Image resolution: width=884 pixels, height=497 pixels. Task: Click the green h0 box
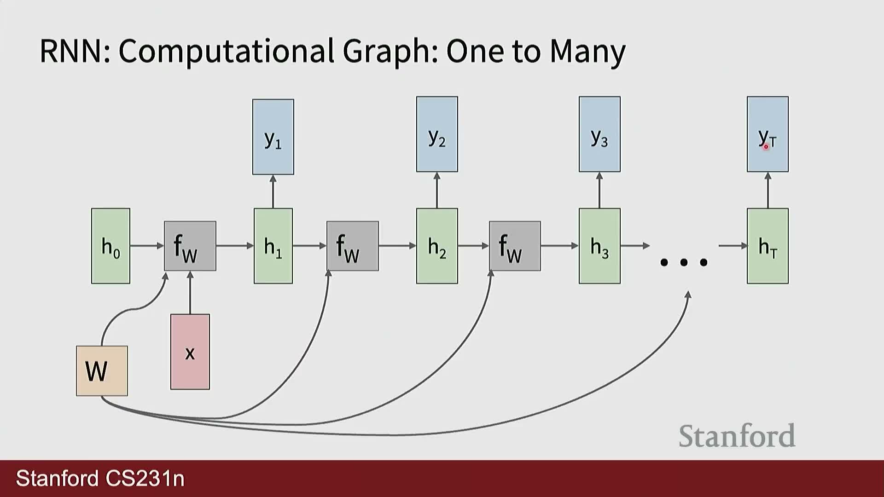click(110, 246)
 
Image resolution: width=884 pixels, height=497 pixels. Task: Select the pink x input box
click(190, 352)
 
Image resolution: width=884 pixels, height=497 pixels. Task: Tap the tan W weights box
click(102, 371)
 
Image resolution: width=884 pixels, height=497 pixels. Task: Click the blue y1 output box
click(273, 137)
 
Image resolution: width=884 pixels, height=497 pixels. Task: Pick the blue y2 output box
click(437, 134)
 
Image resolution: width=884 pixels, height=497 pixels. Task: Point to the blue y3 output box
click(599, 134)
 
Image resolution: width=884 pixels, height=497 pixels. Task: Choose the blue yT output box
click(768, 134)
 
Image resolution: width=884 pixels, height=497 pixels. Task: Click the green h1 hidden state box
click(273, 246)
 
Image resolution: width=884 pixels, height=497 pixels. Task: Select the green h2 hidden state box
click(437, 246)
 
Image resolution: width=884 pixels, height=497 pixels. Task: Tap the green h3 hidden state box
click(599, 246)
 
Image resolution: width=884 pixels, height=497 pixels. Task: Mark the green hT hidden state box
click(768, 246)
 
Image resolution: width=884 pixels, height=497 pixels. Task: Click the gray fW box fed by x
click(190, 246)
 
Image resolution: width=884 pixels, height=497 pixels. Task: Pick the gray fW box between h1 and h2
click(353, 246)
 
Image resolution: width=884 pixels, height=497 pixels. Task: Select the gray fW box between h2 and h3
click(515, 246)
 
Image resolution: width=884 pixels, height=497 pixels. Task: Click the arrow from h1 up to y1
click(273, 191)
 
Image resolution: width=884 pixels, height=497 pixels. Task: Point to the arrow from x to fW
click(190, 293)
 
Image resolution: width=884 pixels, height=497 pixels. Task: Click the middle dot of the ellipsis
click(684, 262)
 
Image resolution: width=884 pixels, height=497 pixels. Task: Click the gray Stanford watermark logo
click(737, 436)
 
